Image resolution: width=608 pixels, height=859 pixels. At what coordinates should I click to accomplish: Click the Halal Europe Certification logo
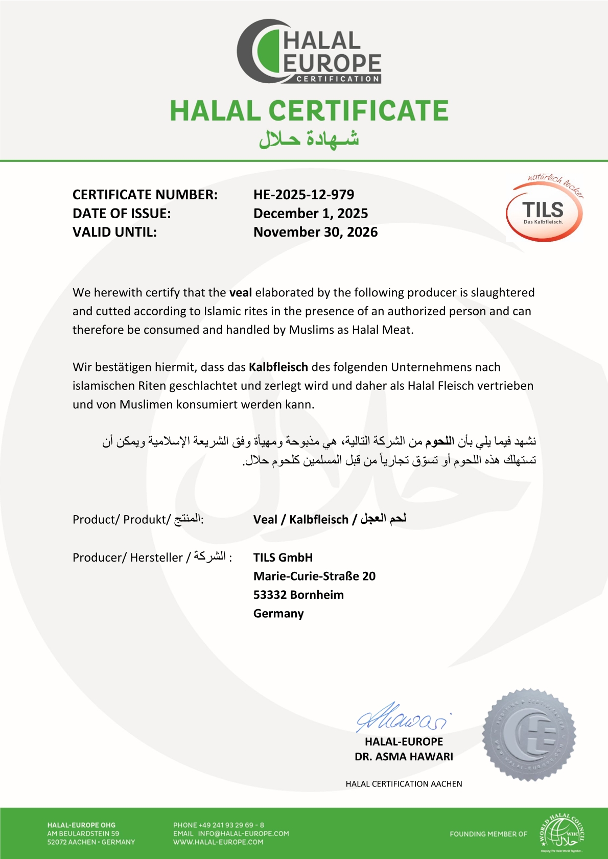[x=309, y=52]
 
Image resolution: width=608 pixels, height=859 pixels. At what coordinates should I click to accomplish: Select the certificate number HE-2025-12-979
[x=303, y=195]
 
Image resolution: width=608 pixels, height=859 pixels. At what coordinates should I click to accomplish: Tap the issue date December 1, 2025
[x=311, y=214]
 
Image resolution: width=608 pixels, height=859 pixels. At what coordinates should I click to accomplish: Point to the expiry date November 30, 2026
[x=315, y=233]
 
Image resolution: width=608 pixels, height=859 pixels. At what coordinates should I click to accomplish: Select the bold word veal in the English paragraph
[x=241, y=293]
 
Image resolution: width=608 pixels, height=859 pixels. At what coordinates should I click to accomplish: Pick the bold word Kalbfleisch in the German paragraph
[x=278, y=367]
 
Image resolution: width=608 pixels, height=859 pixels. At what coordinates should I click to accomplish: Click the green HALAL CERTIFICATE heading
[x=309, y=111]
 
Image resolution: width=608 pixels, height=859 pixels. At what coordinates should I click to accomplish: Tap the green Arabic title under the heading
[x=309, y=139]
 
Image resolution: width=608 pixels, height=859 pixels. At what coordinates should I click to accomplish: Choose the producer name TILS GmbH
[x=283, y=558]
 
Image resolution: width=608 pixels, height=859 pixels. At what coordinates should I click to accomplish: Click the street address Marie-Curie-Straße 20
[x=314, y=576]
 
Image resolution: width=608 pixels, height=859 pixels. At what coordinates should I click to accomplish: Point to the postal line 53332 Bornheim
[x=298, y=595]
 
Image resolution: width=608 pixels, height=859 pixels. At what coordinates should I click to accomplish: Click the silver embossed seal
[x=529, y=735]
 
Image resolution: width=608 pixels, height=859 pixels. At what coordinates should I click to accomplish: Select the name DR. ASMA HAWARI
[x=404, y=757]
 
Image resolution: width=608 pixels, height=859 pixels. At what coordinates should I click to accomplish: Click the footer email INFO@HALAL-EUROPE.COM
[x=243, y=833]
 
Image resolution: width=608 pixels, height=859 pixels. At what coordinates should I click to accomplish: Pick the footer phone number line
[x=219, y=825]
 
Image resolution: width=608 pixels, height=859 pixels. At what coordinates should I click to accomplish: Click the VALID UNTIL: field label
[x=114, y=233]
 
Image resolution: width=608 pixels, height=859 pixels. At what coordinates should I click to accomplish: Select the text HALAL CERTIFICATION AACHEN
[x=404, y=784]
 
